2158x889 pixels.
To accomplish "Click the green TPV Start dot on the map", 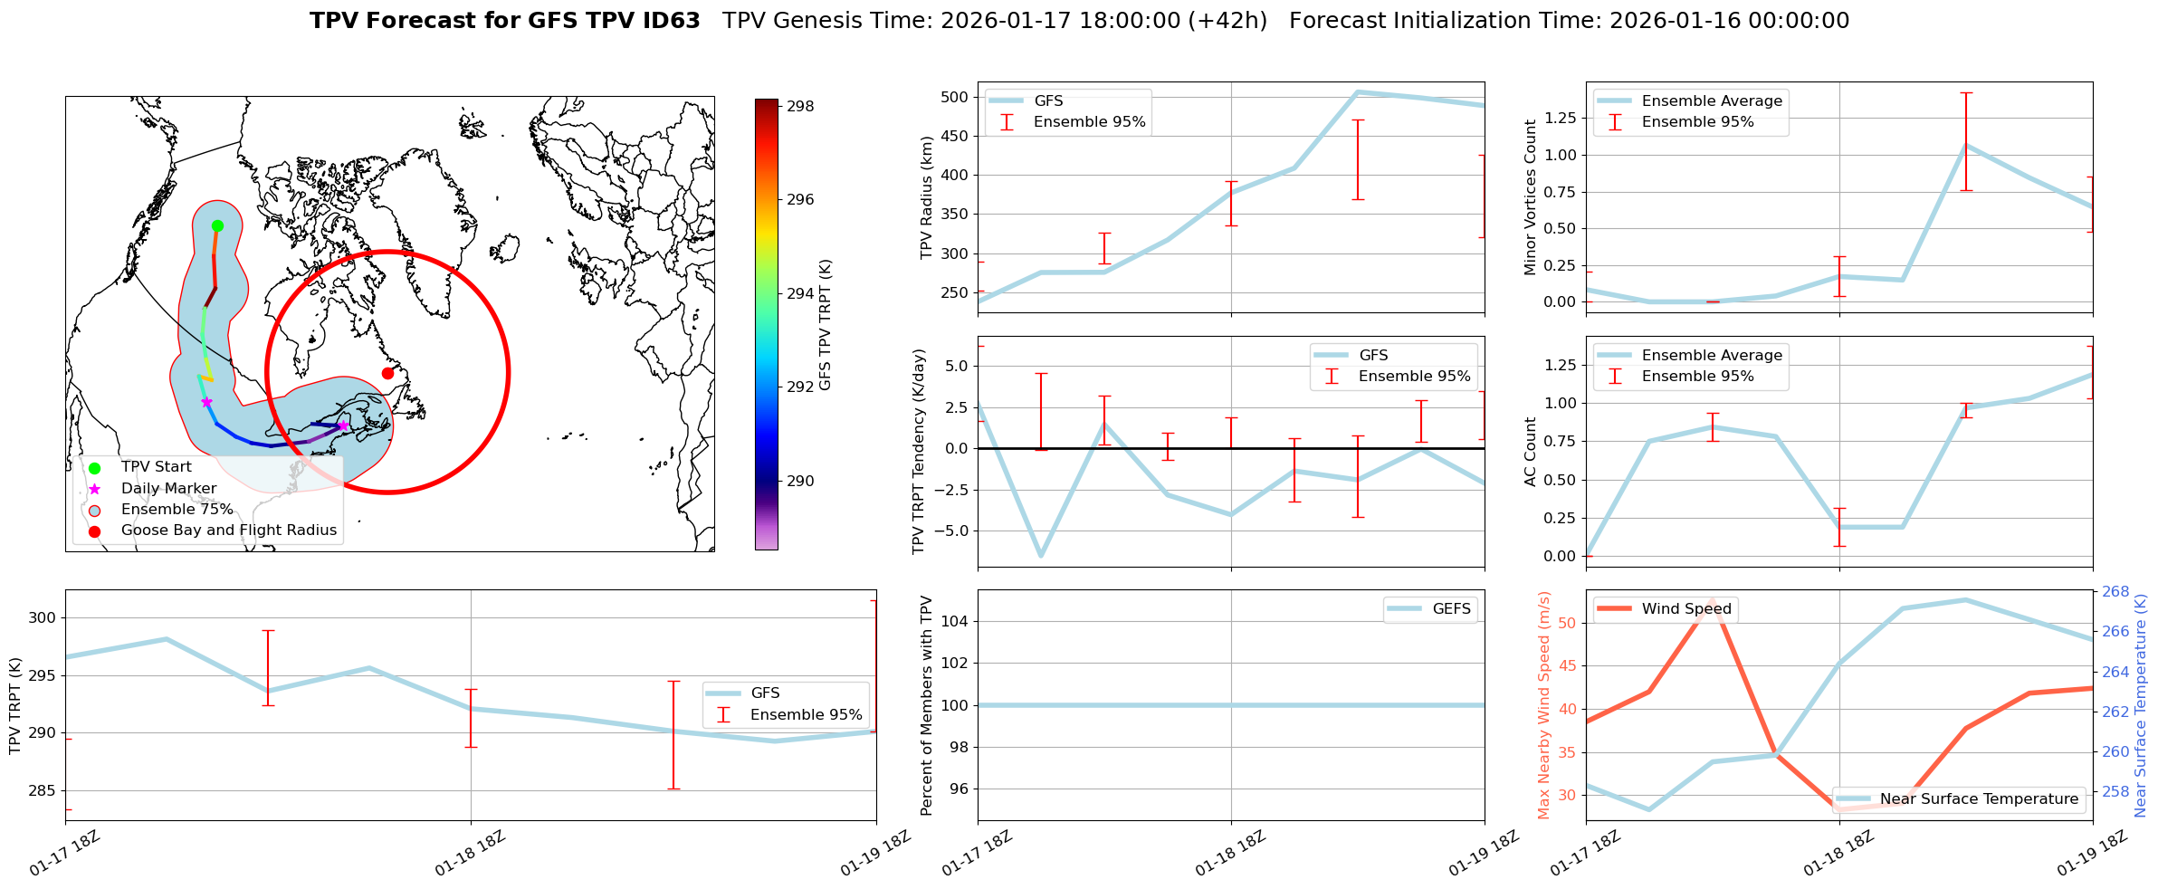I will (x=217, y=225).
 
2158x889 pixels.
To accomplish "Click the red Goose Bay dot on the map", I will (x=387, y=373).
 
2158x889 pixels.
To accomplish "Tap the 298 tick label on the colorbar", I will (x=800, y=106).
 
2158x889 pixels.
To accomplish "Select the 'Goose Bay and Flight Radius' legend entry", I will (x=228, y=531).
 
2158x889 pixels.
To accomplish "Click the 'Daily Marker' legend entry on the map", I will (x=168, y=489).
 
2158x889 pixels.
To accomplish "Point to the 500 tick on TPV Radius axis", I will (x=956, y=97).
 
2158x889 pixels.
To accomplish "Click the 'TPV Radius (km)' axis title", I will (x=926, y=197).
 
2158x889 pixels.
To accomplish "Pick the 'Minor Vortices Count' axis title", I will (x=1531, y=197).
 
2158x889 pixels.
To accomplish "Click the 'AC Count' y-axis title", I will (x=1531, y=452).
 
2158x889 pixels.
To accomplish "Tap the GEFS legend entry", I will (x=1451, y=609).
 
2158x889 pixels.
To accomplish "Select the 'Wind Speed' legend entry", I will (x=1685, y=609).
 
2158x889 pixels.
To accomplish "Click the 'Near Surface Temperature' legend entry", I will (x=1979, y=799).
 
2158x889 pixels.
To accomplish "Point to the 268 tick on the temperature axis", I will (x=2115, y=592).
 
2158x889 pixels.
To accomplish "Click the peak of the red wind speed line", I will (x=1712, y=600).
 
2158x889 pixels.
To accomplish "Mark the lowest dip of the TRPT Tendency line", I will (x=1041, y=556).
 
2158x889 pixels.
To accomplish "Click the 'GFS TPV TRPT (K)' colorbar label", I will (x=825, y=325).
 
